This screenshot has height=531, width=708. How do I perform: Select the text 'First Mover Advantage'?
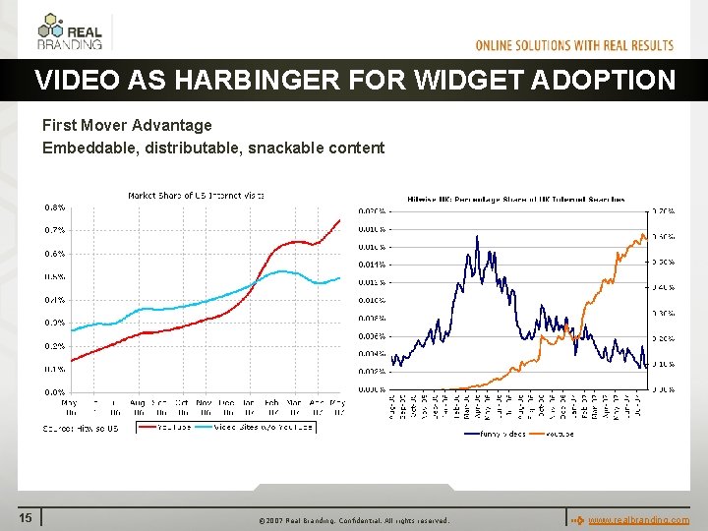tap(127, 126)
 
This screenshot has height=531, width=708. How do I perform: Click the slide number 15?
tap(27, 518)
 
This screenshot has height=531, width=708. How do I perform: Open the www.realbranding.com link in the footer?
tap(638, 519)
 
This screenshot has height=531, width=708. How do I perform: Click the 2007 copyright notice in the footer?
tap(353, 520)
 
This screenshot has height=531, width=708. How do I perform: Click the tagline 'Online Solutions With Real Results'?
tap(574, 45)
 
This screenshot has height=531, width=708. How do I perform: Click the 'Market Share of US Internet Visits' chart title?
tap(196, 195)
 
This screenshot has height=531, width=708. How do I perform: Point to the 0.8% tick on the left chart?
tap(54, 207)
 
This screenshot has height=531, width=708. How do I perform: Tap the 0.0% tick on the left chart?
tap(54, 391)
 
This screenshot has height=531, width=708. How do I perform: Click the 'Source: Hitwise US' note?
tap(81, 428)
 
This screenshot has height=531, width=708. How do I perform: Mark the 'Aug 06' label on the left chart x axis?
tap(137, 405)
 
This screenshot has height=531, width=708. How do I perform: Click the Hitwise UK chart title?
tap(515, 200)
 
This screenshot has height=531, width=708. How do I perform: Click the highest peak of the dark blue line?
tap(477, 236)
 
